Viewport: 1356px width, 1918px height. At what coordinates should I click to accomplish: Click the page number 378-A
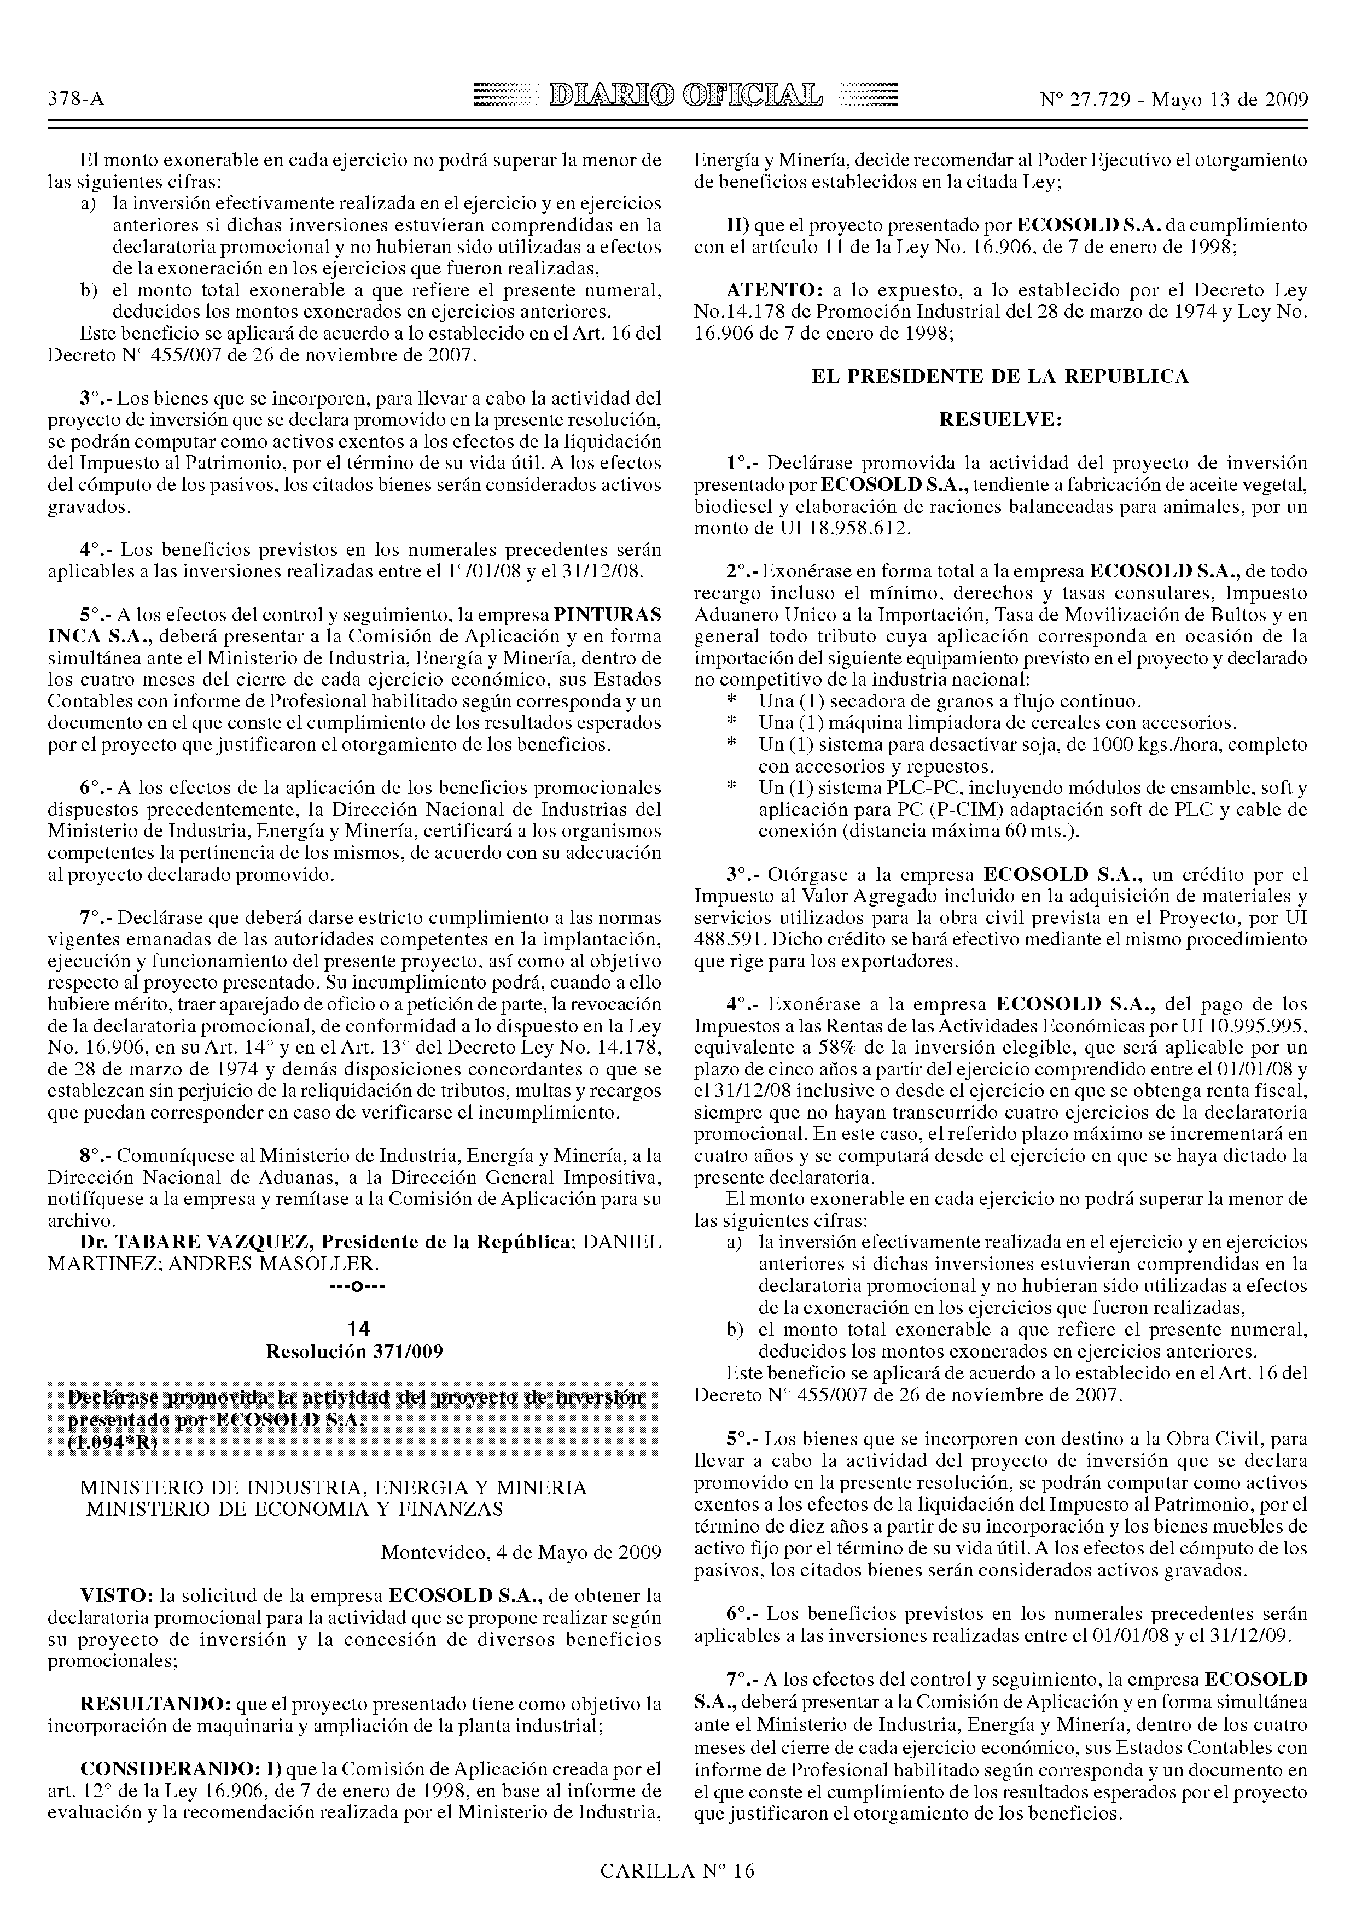pyautogui.click(x=76, y=100)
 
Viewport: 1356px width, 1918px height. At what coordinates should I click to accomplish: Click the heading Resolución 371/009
pyautogui.click(x=353, y=1352)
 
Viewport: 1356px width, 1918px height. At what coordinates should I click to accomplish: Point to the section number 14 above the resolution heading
pyautogui.click(x=353, y=1328)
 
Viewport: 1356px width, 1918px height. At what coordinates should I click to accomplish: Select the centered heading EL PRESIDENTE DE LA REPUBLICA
pyautogui.click(x=1000, y=377)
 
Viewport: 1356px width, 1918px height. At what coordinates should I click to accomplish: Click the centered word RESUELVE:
pyautogui.click(x=1000, y=420)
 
